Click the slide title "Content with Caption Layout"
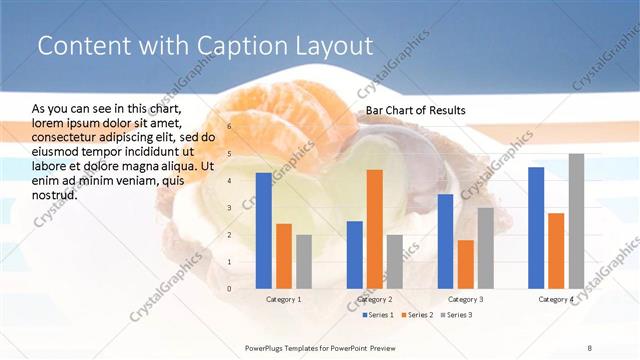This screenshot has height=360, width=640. (204, 46)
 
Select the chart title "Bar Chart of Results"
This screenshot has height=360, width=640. (415, 110)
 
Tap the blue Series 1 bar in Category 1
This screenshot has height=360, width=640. (263, 230)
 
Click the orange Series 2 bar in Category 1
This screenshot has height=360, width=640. (284, 255)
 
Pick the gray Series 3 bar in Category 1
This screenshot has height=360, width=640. (304, 261)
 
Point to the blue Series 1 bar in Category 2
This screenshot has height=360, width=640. (355, 254)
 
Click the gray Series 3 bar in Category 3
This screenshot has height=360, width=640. (486, 247)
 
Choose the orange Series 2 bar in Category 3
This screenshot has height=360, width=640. (466, 264)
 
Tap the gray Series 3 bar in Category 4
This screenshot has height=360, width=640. (576, 220)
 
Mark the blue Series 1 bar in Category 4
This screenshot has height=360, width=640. (536, 227)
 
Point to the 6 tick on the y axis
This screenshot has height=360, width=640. (229, 127)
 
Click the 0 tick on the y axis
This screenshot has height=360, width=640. (229, 288)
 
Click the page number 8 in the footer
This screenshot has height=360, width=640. (590, 347)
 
